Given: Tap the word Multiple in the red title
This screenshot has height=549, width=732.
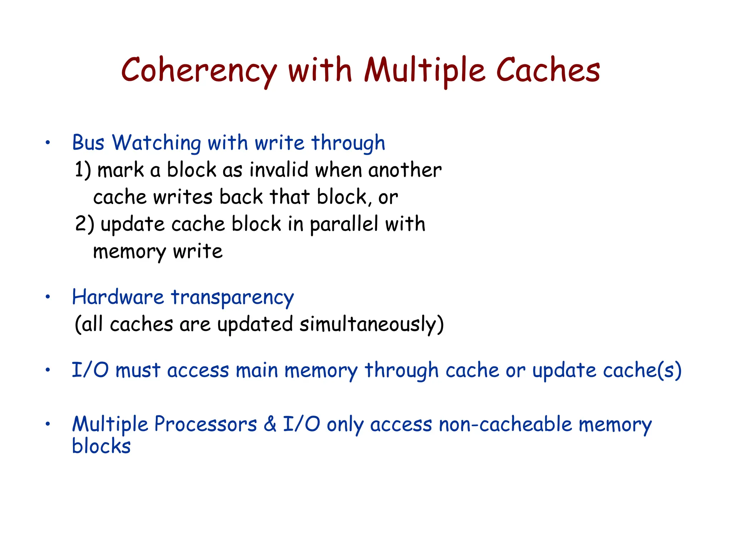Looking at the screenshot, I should [x=425, y=70].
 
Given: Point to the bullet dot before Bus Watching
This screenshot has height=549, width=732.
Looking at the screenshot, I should [x=48, y=143].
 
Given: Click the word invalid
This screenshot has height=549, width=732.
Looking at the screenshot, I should [x=279, y=170].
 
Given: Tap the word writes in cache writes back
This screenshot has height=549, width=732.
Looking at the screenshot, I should [x=183, y=197].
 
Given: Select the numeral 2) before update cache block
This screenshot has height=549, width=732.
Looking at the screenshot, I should [x=84, y=224].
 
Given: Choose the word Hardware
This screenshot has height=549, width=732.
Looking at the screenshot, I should [x=118, y=297].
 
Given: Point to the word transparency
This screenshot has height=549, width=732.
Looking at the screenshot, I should [x=232, y=298].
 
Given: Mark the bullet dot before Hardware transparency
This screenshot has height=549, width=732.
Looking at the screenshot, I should [x=48, y=297].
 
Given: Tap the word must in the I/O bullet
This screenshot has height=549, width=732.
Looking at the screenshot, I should [x=138, y=370].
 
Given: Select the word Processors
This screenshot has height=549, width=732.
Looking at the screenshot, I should [x=206, y=425].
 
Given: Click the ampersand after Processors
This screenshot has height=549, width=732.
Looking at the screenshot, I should [x=270, y=425].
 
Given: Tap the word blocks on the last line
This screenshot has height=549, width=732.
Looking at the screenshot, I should [x=101, y=446].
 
